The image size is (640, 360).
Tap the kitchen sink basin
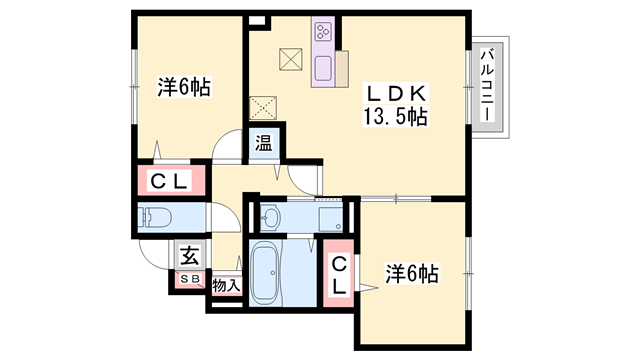[324, 68]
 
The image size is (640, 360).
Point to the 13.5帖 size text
[396, 117]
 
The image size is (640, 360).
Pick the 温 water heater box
[263, 142]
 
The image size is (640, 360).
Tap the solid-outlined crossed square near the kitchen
[291, 59]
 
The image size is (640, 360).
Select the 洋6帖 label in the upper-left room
[183, 87]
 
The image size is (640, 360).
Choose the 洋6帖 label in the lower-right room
[412, 272]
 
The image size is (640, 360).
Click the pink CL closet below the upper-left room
[170, 182]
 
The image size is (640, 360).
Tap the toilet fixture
[157, 217]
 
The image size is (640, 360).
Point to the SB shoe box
[189, 277]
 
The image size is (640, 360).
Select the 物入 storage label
[226, 286]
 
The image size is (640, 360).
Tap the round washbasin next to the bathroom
[271, 217]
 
